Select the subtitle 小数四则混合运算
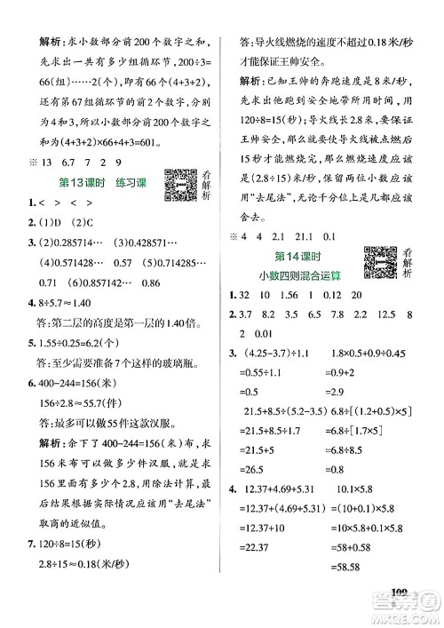[x=297, y=274]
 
